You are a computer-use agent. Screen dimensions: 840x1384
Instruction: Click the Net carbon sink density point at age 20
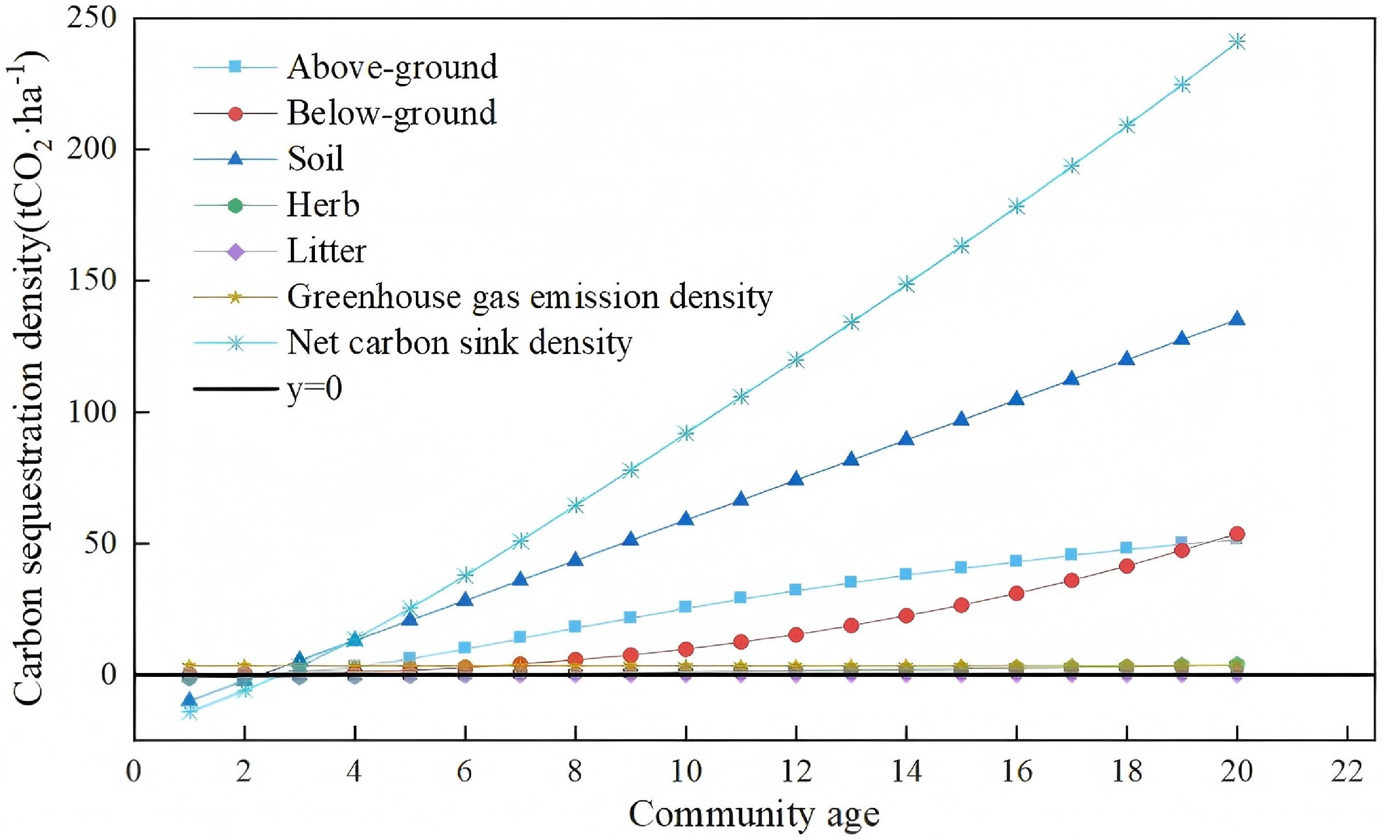1237,42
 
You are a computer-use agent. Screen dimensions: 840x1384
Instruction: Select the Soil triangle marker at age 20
1237,319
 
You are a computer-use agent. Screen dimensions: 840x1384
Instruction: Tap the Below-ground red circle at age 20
1237,533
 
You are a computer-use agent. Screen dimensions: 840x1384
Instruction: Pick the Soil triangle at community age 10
685,519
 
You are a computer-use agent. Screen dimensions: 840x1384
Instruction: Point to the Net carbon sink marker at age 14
906,284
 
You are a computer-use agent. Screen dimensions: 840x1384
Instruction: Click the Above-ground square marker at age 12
795,589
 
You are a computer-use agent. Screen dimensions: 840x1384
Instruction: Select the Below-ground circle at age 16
1016,593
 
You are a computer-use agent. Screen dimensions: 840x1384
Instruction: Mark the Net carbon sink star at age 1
190,713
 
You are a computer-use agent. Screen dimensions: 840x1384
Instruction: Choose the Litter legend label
326,251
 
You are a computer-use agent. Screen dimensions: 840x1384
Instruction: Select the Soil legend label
315,159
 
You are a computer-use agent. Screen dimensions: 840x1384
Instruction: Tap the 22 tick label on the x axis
1347,773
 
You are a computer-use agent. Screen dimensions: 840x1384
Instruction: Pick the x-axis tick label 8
575,773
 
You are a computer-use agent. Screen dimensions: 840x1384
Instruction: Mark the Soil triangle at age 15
961,419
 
